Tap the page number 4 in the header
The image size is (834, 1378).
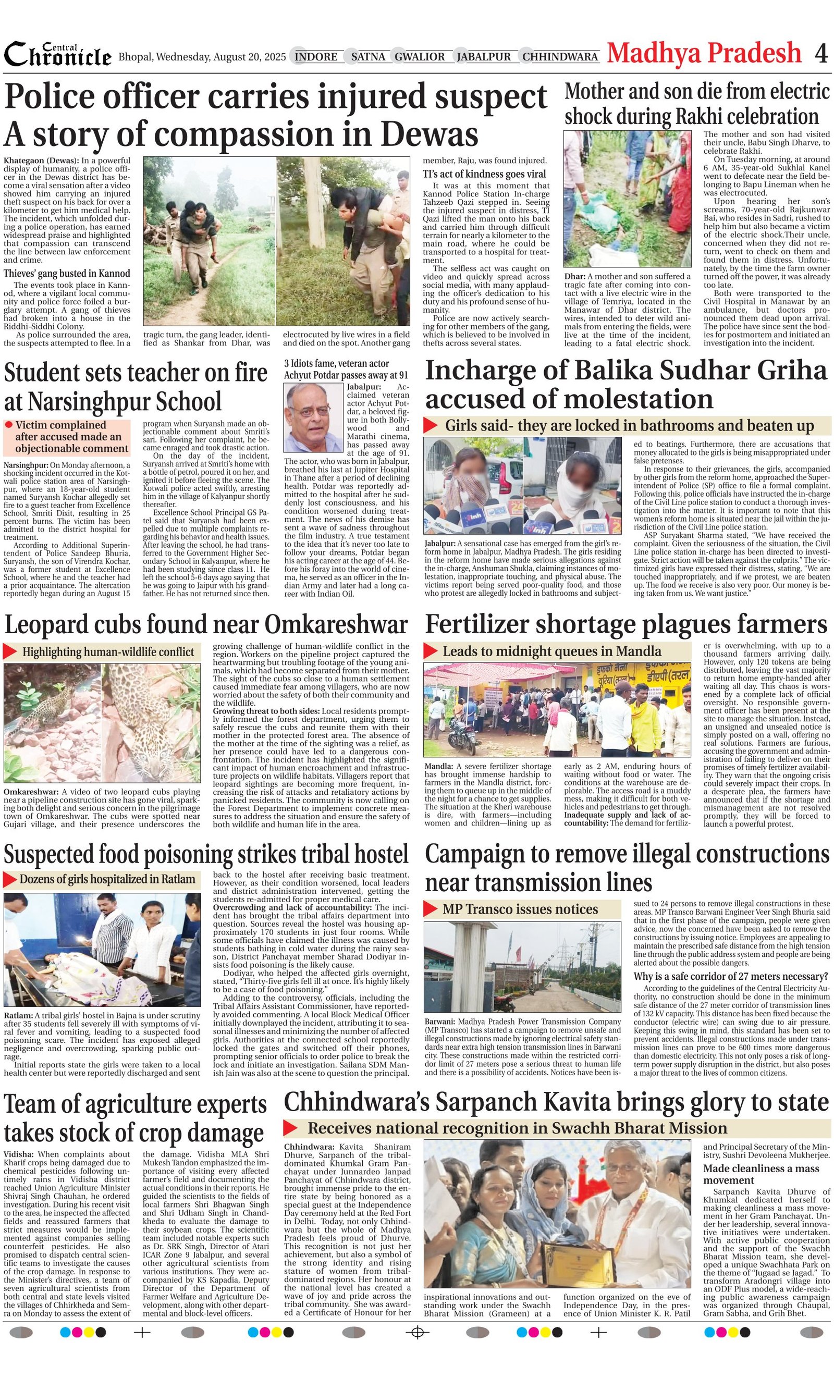(x=820, y=54)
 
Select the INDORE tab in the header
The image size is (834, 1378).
(x=315, y=57)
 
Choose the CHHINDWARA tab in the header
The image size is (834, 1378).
(x=560, y=57)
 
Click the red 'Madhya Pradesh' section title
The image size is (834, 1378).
(x=704, y=54)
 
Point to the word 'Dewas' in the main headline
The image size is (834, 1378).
(x=430, y=134)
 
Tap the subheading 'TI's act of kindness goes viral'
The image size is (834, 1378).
(x=484, y=174)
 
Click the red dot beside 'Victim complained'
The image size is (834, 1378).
(x=8, y=425)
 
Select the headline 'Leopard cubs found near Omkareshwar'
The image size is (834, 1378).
(x=206, y=624)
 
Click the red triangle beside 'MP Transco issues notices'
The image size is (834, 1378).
(x=430, y=909)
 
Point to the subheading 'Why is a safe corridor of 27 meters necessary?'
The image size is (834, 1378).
(x=730, y=977)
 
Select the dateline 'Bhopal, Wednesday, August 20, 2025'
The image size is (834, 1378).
(x=202, y=57)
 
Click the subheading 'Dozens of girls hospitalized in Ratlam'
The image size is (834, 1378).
(x=107, y=879)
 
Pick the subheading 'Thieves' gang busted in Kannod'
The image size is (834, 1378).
(x=67, y=274)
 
